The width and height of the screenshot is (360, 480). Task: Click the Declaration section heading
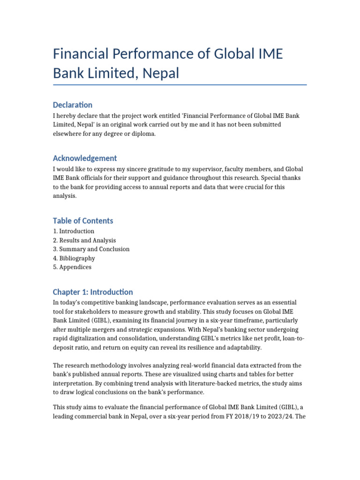[x=73, y=105]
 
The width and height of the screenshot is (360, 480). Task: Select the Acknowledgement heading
[x=85, y=158]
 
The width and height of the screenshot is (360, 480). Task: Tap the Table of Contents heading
[x=83, y=220]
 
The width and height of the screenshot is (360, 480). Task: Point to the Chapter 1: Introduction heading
[x=93, y=292]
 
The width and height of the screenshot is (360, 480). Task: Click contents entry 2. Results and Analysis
[x=84, y=240]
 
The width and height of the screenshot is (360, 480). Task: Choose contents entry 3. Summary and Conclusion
[x=91, y=249]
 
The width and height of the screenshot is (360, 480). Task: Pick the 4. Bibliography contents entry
[x=74, y=258]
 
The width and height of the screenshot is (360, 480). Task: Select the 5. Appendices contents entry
[x=72, y=267]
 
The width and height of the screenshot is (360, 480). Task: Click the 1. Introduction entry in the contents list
[x=74, y=231]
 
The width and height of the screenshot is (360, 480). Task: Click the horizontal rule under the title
[x=180, y=85]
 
